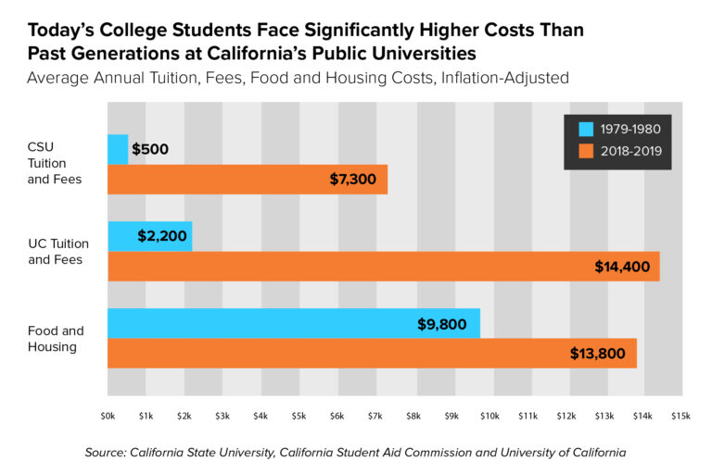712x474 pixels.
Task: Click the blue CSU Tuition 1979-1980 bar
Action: [118, 149]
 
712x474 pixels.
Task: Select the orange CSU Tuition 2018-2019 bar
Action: [247, 179]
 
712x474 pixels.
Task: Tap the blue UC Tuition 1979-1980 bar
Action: [149, 236]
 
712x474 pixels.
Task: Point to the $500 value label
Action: [150, 149]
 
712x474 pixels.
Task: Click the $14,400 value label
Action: [623, 267]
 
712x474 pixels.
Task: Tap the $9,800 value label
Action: [443, 324]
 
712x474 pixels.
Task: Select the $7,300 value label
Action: [352, 179]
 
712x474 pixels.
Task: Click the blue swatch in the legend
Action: [585, 129]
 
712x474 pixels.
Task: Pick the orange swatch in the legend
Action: [585, 151]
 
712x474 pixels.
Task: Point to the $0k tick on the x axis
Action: [108, 417]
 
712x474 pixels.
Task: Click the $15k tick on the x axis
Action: [681, 417]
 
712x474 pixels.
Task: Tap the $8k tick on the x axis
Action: [413, 417]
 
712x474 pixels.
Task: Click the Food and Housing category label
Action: [56, 338]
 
